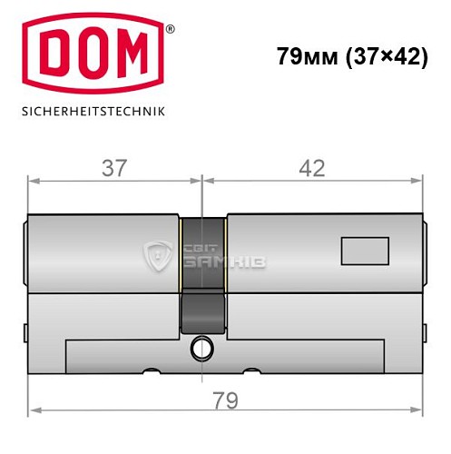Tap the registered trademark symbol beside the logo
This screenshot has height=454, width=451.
[169, 29]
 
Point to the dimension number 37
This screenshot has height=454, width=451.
[113, 167]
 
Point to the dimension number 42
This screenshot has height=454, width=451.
[311, 167]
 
